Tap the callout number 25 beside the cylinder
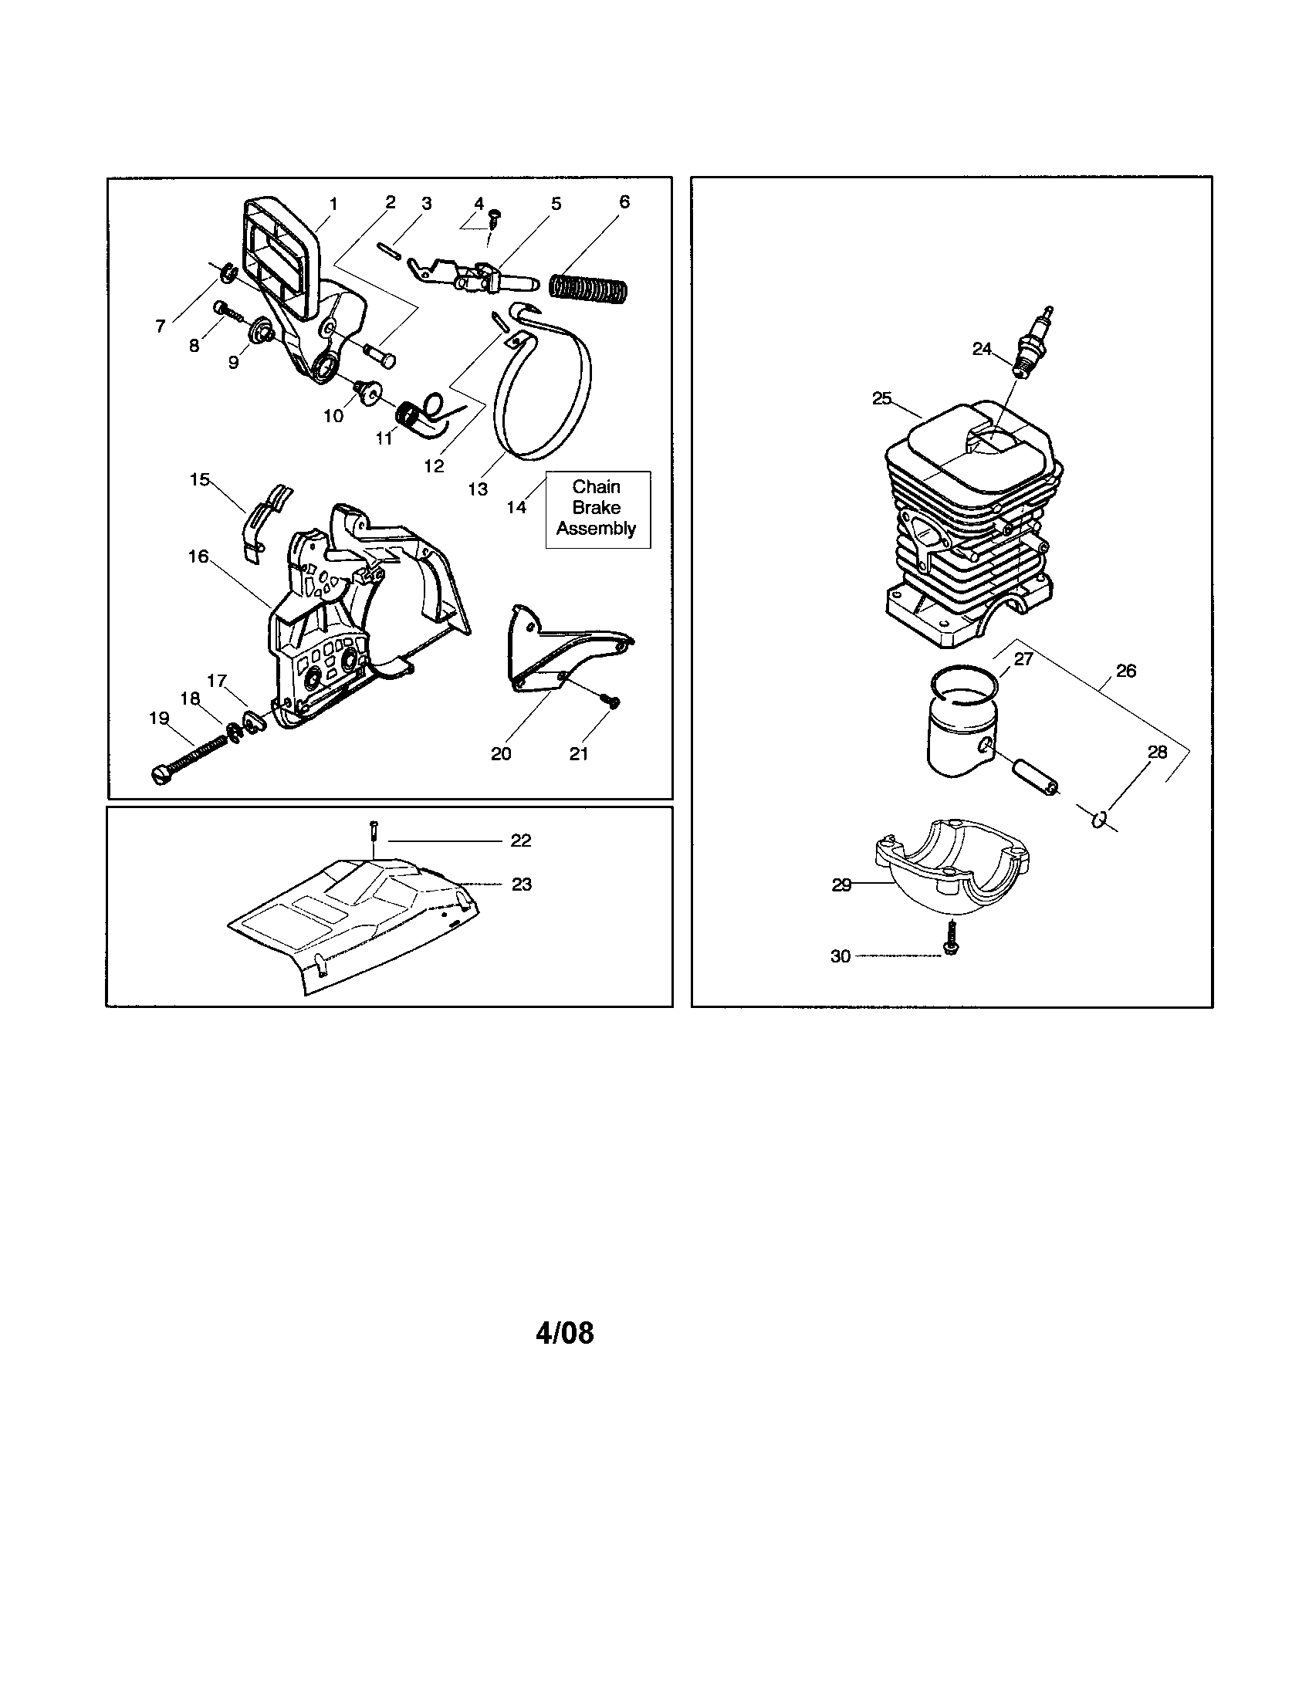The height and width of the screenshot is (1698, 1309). click(881, 399)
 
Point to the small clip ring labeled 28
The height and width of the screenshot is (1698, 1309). click(1098, 819)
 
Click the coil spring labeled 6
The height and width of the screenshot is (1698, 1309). click(591, 286)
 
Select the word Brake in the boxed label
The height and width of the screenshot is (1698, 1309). click(596, 508)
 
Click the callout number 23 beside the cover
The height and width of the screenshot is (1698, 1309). click(521, 884)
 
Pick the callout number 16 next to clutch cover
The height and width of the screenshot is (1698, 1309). click(198, 556)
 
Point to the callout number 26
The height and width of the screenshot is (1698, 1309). click(1125, 670)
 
